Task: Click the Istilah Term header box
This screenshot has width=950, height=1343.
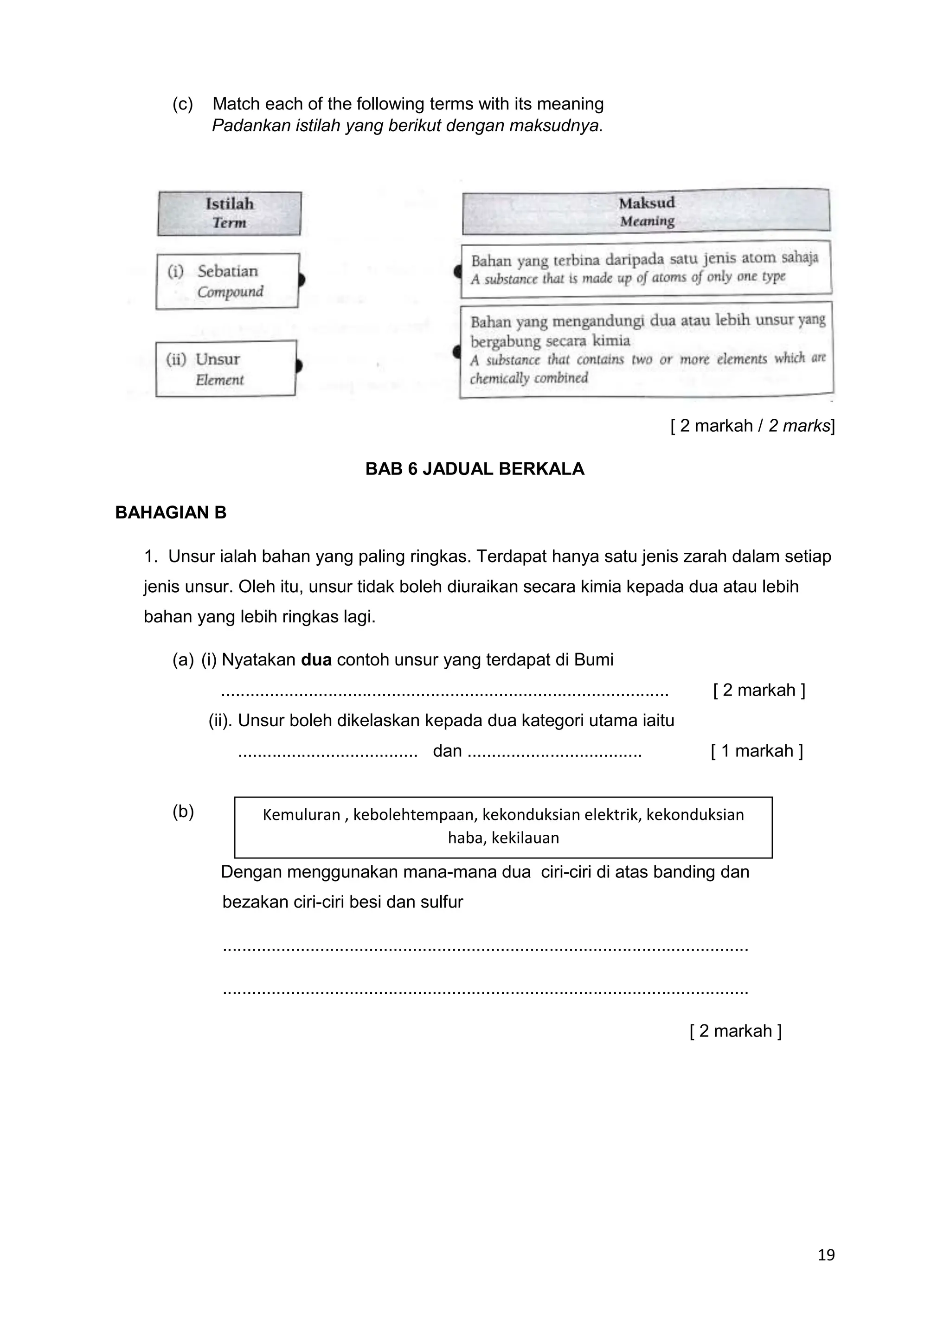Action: pyautogui.click(x=229, y=213)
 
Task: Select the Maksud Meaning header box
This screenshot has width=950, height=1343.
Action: pyautogui.click(x=646, y=212)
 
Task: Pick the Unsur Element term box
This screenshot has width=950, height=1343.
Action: pyautogui.click(x=225, y=369)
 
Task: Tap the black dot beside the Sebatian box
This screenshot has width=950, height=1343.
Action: pyautogui.click(x=301, y=280)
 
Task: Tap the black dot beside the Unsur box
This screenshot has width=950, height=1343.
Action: pyautogui.click(x=299, y=366)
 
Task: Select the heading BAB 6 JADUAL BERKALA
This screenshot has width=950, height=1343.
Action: pyautogui.click(x=475, y=469)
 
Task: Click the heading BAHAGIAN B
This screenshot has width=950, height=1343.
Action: pyautogui.click(x=171, y=512)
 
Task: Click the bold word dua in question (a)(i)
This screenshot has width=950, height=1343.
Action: pyautogui.click(x=316, y=660)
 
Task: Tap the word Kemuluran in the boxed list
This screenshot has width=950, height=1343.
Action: pyautogui.click(x=301, y=814)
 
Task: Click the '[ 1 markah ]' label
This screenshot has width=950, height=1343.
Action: pyautogui.click(x=757, y=751)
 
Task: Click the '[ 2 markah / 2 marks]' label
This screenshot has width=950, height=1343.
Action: pyautogui.click(x=752, y=426)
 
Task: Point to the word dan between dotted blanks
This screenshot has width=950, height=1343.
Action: pyautogui.click(x=447, y=751)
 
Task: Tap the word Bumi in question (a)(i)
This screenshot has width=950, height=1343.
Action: pyautogui.click(x=594, y=660)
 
